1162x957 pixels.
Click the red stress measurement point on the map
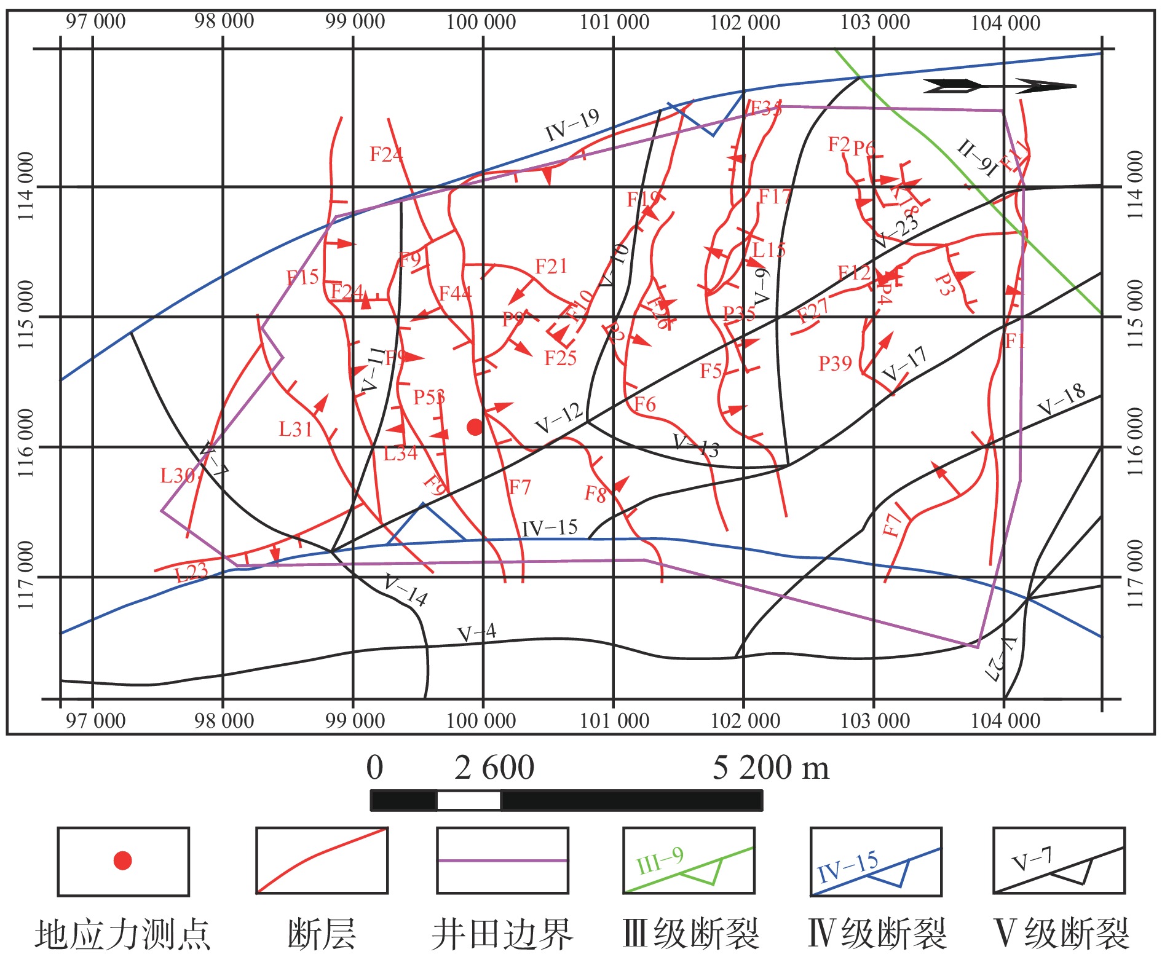click(475, 427)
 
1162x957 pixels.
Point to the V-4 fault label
click(476, 633)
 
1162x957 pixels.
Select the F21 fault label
click(551, 267)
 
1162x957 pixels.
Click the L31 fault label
click(296, 429)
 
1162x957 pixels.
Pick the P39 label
click(835, 364)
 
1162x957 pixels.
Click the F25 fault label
click(560, 358)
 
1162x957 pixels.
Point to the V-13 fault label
click(696, 445)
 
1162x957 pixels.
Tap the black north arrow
click(999, 86)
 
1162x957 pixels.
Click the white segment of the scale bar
click(468, 801)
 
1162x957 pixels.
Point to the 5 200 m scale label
click(770, 768)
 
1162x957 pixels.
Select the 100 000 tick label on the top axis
click(481, 23)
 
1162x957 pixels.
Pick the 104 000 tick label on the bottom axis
click(1005, 720)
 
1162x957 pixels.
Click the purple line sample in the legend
click(502, 861)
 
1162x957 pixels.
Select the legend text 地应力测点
click(122, 935)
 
